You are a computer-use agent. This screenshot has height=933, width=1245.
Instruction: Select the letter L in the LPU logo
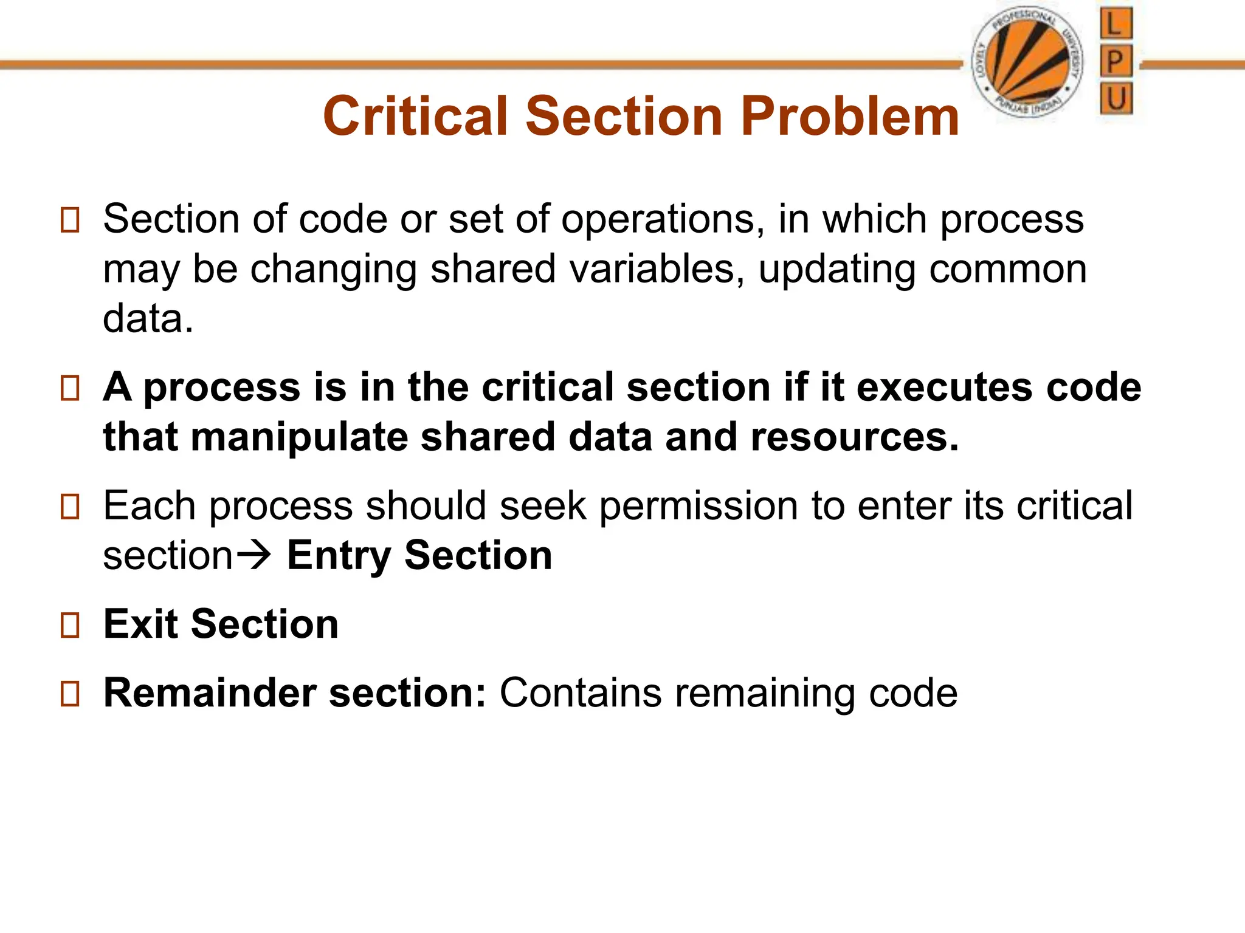tap(1116, 25)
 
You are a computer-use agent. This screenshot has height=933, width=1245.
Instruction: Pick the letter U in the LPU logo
tap(1116, 98)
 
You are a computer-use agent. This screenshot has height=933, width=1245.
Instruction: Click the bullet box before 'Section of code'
tap(71, 220)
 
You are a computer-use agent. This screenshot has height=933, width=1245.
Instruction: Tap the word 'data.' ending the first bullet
tap(148, 318)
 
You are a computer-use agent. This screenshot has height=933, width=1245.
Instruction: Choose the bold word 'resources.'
tap(855, 437)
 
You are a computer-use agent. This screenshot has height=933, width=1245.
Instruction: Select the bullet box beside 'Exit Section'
tap(71, 625)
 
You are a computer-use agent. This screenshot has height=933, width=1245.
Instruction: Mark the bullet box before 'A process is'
tap(71, 388)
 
